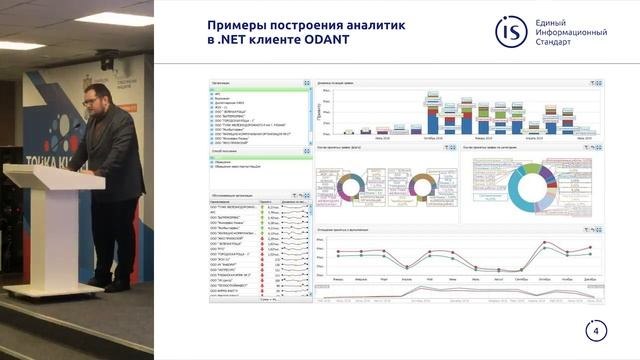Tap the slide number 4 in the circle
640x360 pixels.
(597, 332)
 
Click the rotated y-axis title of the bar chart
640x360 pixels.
(319, 113)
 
